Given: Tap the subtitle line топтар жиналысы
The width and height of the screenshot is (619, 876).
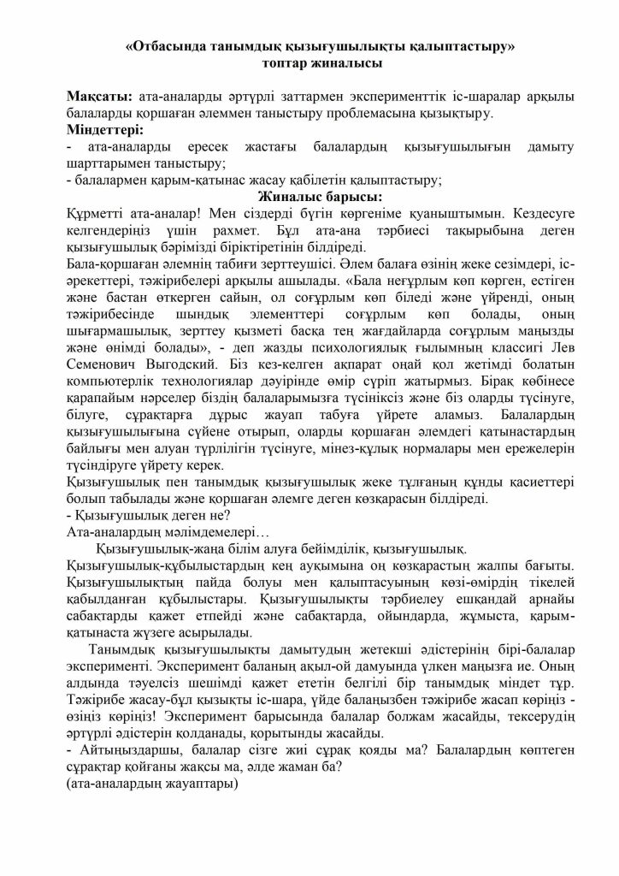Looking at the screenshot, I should tap(309, 63).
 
